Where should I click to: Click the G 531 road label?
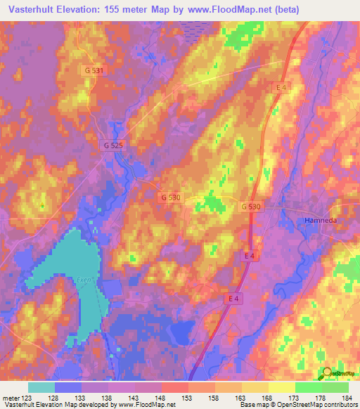93,70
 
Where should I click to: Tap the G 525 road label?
112,145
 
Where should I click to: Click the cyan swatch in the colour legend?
41,387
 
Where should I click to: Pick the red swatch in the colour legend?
175,387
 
